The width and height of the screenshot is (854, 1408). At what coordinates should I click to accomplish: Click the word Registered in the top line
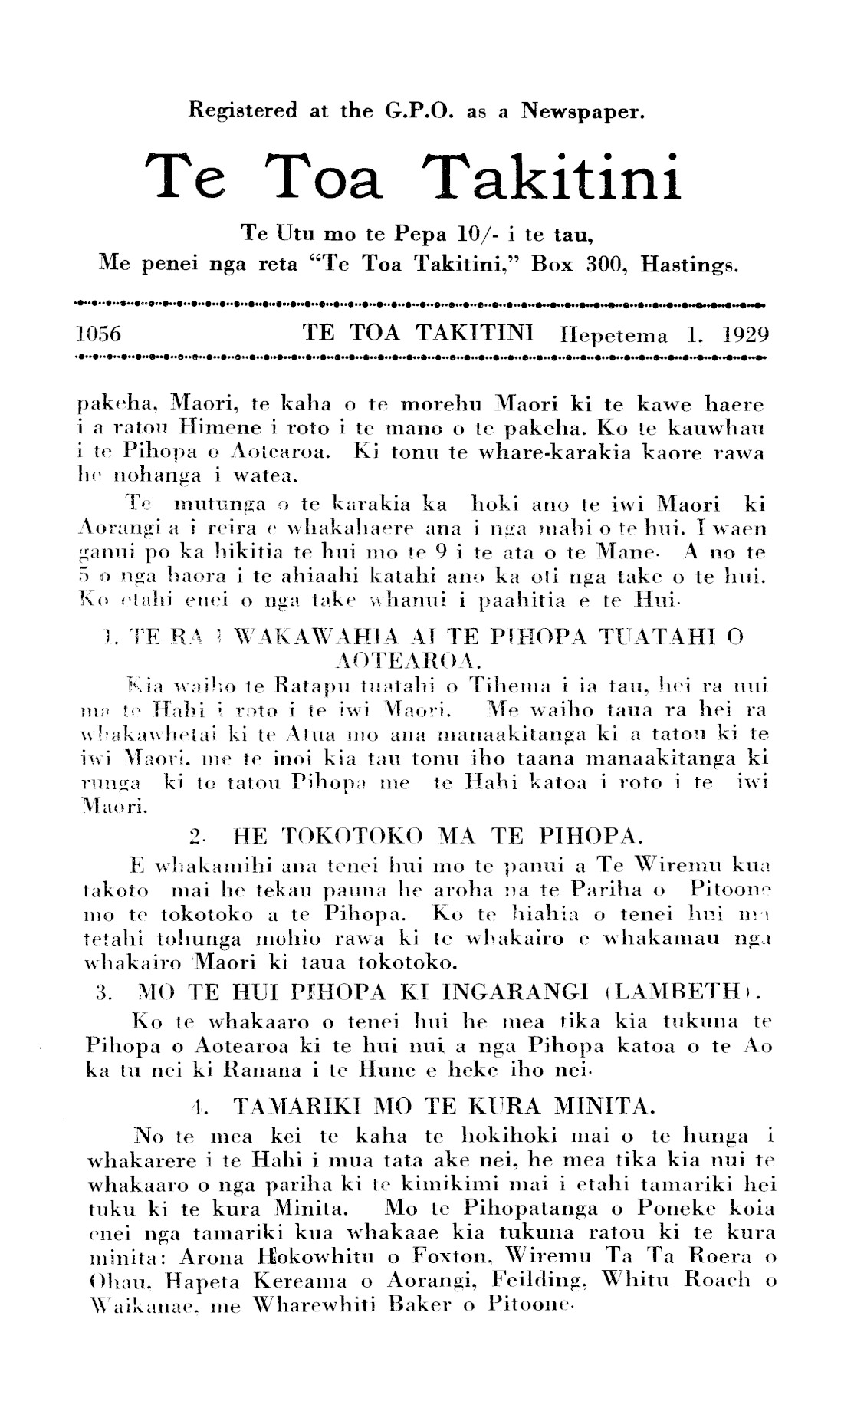click(242, 111)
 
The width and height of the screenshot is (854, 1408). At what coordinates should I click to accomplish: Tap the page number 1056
click(100, 334)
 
